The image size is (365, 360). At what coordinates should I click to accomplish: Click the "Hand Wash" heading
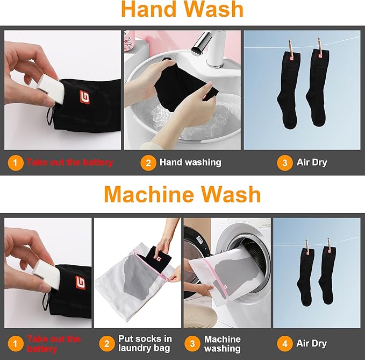click(182, 9)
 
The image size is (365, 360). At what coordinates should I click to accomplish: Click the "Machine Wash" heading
click(182, 195)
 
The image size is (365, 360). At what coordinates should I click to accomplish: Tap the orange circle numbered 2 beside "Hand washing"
click(148, 163)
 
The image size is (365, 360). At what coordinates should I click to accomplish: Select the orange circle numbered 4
click(285, 344)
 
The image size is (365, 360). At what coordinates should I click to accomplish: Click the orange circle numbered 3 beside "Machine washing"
click(192, 344)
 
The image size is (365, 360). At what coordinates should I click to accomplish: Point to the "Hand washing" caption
click(190, 163)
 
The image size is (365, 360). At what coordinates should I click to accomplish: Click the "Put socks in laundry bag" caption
click(145, 343)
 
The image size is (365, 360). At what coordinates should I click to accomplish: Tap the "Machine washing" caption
click(223, 344)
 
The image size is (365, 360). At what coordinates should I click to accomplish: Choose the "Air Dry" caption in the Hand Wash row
click(312, 163)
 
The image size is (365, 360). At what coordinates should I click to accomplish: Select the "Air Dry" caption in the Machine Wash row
click(311, 343)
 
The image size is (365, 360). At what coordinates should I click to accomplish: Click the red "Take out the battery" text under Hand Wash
click(69, 162)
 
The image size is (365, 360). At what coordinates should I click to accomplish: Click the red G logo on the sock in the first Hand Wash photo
click(85, 97)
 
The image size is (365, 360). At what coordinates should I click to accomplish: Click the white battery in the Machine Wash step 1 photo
click(46, 275)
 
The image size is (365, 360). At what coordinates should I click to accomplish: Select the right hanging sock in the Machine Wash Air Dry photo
click(327, 276)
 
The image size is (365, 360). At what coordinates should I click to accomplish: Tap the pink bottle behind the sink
click(130, 41)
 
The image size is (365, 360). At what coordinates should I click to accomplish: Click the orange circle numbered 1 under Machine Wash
click(16, 344)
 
